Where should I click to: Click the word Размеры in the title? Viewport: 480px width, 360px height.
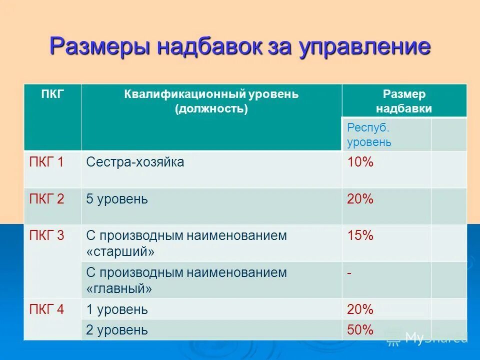coord(99,46)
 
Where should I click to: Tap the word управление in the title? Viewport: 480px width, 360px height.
coord(364,46)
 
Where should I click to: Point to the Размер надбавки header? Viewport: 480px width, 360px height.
coord(404,101)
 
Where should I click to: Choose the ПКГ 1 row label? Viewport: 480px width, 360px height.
coord(46,162)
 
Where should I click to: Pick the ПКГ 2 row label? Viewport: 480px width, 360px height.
coord(46,199)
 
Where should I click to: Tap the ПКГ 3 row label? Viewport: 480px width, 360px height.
coord(46,235)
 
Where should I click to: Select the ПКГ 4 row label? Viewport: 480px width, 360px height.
coord(46,309)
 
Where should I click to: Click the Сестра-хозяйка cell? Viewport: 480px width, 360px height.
coord(135,162)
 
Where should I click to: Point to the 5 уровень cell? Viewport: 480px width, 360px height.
coord(117,199)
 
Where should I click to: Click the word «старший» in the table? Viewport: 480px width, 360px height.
coord(120,251)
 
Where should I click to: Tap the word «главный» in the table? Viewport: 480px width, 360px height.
coord(119,288)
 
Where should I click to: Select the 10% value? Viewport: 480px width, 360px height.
coord(360,162)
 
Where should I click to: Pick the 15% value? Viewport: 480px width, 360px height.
coord(360,235)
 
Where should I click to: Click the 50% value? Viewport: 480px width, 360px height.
coord(360,329)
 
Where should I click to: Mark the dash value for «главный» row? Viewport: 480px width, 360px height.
coord(349,273)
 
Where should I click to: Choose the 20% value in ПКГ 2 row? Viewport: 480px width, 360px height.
coord(360,199)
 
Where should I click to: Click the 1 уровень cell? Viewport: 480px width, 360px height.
coord(117,309)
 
